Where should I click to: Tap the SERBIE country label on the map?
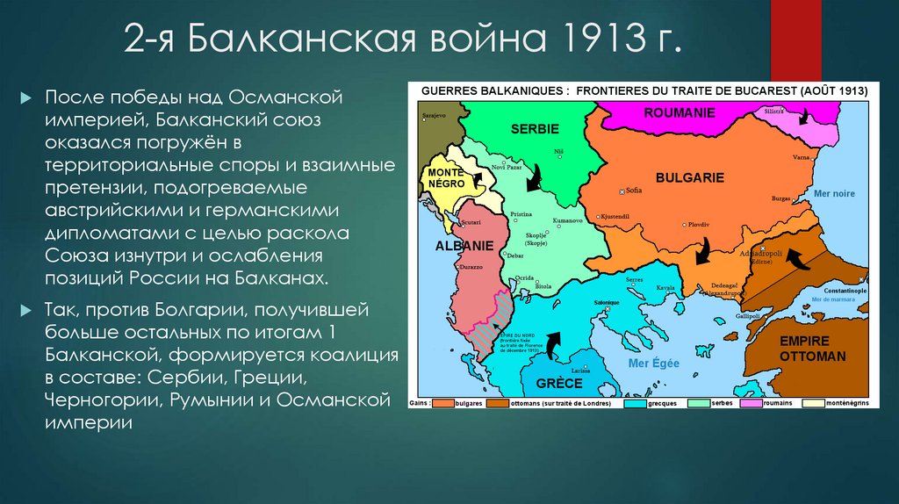pyautogui.click(x=535, y=129)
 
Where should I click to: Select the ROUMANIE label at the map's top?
pyautogui.click(x=680, y=112)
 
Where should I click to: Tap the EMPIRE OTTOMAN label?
pyautogui.click(x=812, y=349)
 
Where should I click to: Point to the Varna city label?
pyautogui.click(x=801, y=157)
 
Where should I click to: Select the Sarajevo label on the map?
pyautogui.click(x=434, y=115)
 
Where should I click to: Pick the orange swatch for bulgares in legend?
pyautogui.click(x=442, y=404)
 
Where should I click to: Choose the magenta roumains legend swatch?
pyautogui.click(x=752, y=404)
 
